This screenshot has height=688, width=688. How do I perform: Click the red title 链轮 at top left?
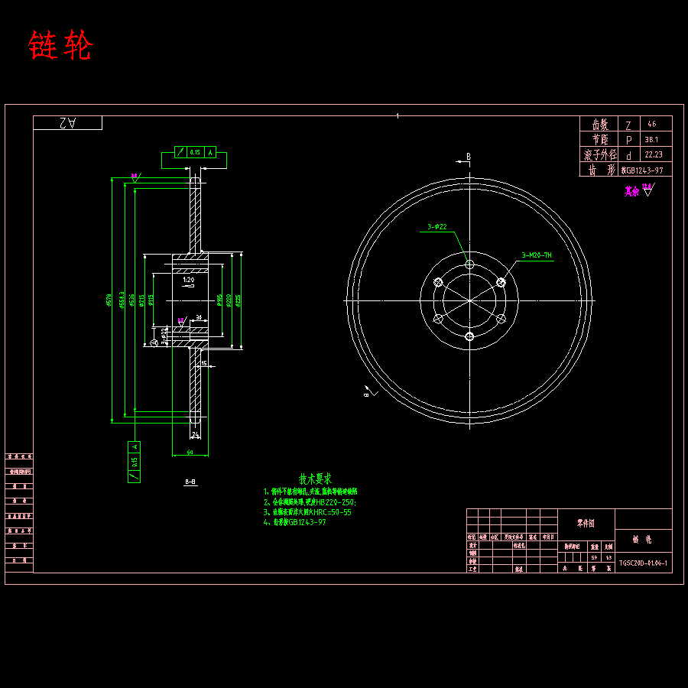[x=60, y=47]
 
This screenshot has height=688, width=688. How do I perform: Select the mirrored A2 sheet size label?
[x=67, y=123]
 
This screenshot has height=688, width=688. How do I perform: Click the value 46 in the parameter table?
[x=651, y=124]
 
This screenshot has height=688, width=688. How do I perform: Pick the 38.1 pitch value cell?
[x=652, y=140]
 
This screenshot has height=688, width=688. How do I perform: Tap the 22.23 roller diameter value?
[x=653, y=155]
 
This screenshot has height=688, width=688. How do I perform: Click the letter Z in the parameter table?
[x=628, y=125]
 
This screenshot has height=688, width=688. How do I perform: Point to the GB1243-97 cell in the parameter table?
[x=641, y=170]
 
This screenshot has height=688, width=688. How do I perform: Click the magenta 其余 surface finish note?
[x=631, y=191]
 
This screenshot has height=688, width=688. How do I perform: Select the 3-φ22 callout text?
[x=437, y=227]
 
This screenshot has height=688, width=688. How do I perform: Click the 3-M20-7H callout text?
[x=537, y=255]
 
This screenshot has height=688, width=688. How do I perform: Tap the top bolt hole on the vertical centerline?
[x=469, y=264]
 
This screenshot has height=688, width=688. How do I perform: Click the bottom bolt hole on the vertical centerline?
[x=469, y=336]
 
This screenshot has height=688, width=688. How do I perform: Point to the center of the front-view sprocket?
[x=469, y=300]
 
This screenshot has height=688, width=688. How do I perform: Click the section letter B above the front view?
[x=469, y=157]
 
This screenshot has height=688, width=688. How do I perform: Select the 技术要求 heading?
[x=315, y=479]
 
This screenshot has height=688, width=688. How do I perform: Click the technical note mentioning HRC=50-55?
[x=307, y=512]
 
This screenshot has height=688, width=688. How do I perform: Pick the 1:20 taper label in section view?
[x=189, y=281]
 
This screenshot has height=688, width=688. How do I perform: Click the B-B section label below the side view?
[x=190, y=482]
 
